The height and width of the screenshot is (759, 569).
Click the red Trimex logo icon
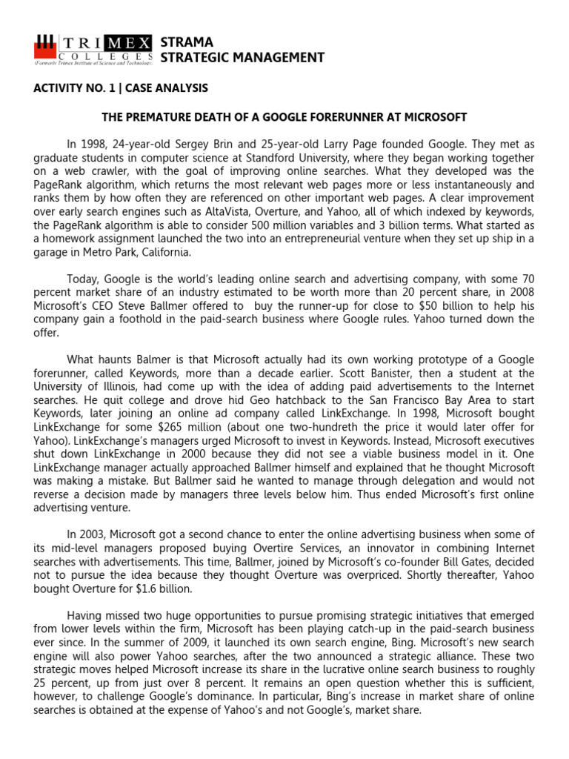(x=45, y=49)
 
